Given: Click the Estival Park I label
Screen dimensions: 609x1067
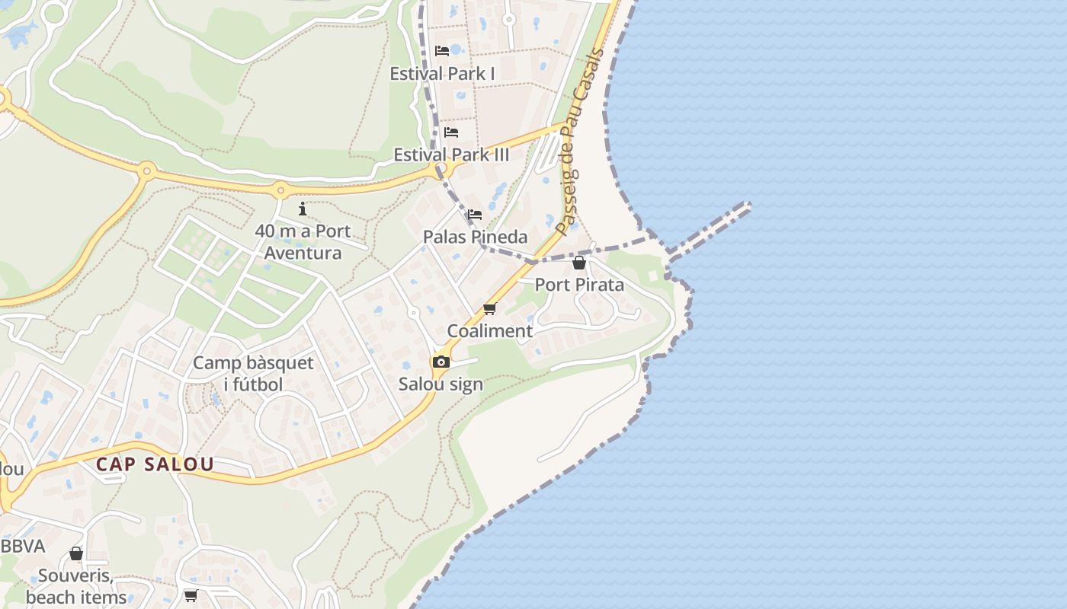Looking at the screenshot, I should point(442,74).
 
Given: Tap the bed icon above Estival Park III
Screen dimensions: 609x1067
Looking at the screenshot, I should point(451,132).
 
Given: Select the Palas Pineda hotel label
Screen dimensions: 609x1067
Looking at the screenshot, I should point(475,237).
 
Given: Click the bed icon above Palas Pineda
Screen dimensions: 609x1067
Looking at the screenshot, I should point(475,215).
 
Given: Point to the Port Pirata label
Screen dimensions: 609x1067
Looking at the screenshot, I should point(579,285).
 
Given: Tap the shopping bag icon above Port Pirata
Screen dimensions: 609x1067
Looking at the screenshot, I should point(579,263).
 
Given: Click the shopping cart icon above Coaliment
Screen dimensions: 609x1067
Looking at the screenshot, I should point(489,309).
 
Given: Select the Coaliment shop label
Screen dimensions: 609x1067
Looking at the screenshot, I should point(489,331).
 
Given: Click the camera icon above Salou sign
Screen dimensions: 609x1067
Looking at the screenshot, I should point(441,362).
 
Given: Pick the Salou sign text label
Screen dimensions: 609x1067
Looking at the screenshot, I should point(441,384).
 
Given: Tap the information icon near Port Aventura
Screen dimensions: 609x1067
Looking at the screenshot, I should point(303,209).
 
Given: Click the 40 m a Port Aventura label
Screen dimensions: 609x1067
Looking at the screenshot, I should point(303,241).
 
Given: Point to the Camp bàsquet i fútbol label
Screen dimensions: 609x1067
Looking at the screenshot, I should point(253,373).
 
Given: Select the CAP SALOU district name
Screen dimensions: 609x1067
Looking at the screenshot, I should point(155,464).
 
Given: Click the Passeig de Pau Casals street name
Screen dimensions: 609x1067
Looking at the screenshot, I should point(580,142).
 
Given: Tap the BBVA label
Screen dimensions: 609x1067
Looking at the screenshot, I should point(23,547).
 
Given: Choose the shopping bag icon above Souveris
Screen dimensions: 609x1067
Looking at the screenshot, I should point(76,553).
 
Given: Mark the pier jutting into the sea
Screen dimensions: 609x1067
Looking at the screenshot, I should point(709,227).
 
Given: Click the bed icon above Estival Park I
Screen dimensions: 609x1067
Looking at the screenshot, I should point(442,51).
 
